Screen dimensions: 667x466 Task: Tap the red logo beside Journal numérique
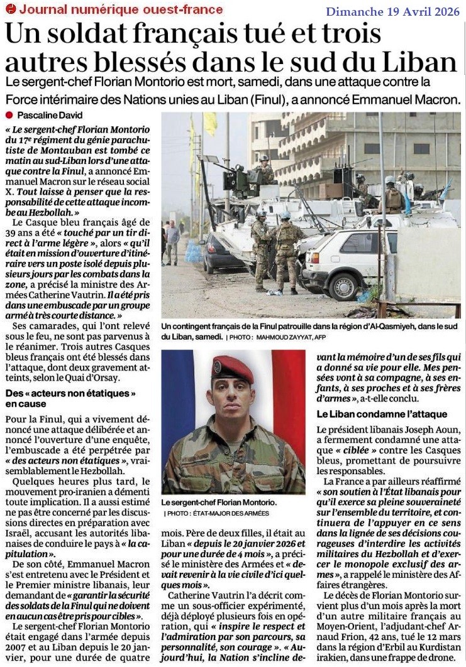tap(10, 9)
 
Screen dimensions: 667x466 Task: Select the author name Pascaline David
tap(49, 116)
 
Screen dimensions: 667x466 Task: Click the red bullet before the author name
tap(9, 116)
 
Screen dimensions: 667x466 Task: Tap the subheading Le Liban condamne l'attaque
tap(382, 414)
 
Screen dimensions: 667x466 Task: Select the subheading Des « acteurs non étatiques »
tap(70, 393)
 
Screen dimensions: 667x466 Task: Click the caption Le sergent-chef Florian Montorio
tap(218, 503)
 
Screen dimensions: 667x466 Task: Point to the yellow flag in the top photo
tap(210, 124)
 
